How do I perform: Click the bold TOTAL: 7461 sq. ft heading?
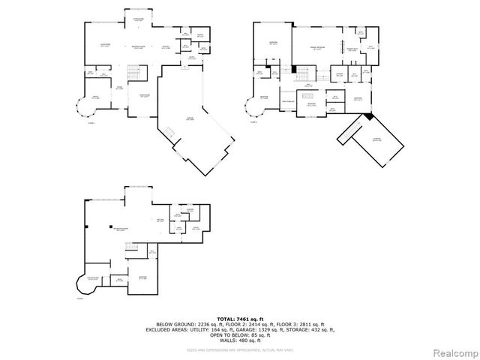[240, 319]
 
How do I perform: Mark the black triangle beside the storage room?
[367, 116]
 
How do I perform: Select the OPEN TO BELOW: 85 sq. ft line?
[240, 334]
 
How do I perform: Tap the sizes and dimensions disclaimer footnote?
[240, 349]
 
